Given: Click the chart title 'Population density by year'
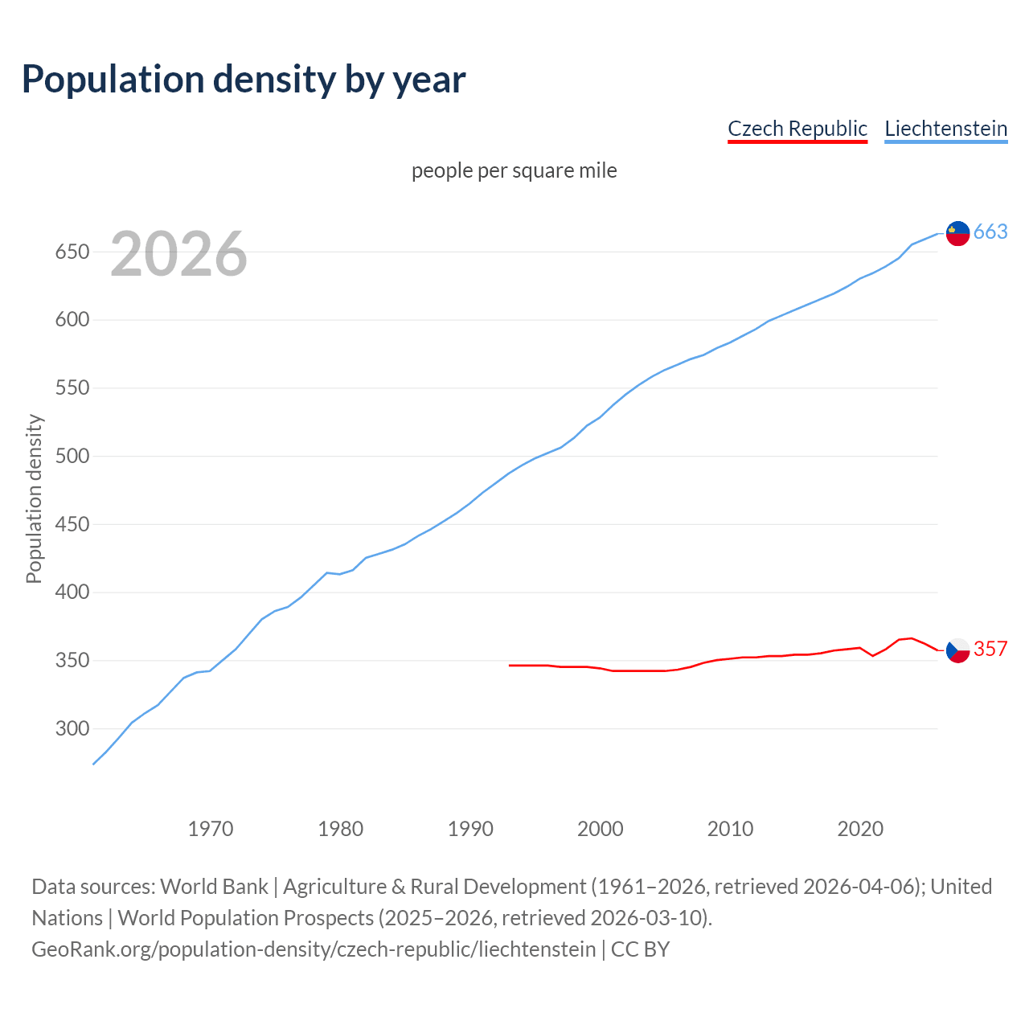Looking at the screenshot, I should pos(244,80).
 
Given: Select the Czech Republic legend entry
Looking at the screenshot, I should pos(797,129).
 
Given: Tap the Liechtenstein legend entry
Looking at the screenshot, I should pos(945,129).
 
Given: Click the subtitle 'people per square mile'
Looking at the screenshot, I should pos(514,170).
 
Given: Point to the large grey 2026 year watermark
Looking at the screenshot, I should pos(178,254).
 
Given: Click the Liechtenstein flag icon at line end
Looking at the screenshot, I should pos(957,232).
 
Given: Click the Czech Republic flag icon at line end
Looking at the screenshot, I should pos(957,650).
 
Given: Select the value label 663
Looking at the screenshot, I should pos(990,232).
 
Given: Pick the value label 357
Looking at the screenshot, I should pos(990,649).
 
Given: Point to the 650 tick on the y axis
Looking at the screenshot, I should pos(72,252).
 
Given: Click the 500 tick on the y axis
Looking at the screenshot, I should pos(72,457).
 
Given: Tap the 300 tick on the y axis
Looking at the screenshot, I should pos(72,729).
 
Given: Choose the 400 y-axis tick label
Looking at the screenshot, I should pos(72,592).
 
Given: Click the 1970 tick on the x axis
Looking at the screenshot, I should pos(211,829).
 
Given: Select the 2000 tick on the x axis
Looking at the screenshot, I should pos(601,829).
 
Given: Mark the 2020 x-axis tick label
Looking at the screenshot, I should pos(860,829).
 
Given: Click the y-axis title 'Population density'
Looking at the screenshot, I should pos(34,498).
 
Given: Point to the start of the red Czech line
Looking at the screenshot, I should pos(510,665).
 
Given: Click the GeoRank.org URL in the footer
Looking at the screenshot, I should pos(314,949).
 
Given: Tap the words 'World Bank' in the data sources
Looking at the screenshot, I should pos(214,887).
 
